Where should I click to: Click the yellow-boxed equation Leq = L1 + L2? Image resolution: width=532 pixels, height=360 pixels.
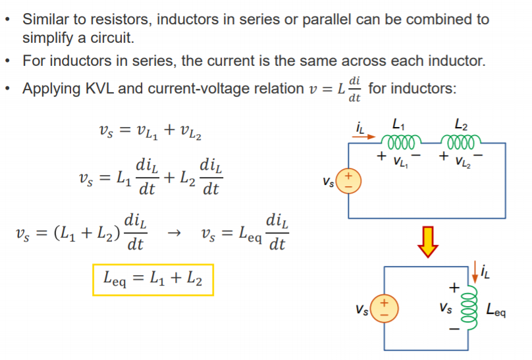153,281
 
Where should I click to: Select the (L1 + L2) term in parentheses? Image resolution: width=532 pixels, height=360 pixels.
86,234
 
